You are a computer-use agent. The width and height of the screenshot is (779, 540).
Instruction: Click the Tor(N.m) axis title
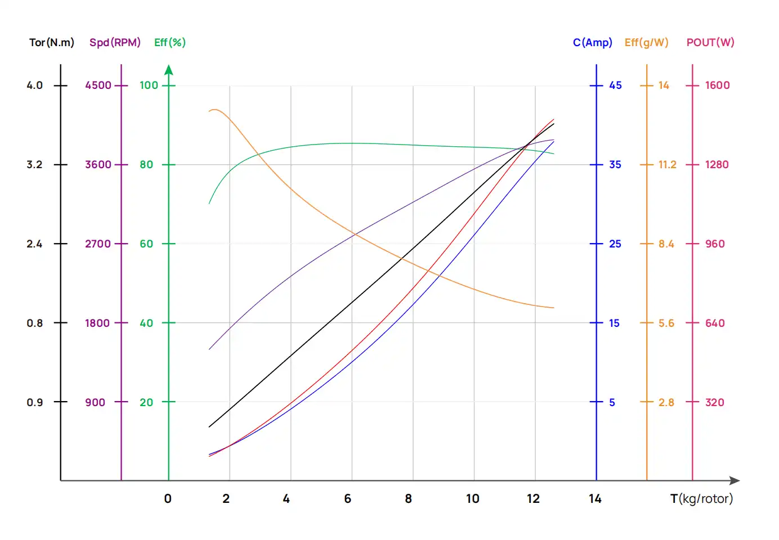coord(52,43)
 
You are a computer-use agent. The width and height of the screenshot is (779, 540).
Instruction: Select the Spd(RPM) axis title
coord(115,43)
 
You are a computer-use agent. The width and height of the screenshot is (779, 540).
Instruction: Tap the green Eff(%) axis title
coord(169,43)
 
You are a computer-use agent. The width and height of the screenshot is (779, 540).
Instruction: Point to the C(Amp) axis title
coord(592,43)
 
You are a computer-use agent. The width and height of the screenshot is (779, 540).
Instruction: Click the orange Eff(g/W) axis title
coord(646,43)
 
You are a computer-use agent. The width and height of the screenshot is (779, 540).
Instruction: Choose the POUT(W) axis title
coord(710,43)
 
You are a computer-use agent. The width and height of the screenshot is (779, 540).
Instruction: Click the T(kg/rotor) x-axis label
coord(701,499)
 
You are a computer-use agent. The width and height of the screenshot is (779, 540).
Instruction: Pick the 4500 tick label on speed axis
coord(98,85)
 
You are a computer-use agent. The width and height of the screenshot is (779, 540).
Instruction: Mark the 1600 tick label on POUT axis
coord(717,85)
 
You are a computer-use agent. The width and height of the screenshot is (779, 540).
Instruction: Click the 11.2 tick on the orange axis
coord(667,165)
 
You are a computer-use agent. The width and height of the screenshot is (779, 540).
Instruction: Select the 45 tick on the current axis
coord(615,85)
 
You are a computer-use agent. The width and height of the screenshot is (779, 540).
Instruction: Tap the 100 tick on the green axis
coord(149,85)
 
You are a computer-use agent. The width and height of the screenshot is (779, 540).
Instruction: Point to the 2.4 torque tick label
coord(34,244)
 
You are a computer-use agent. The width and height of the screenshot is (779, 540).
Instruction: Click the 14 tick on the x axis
coord(595,499)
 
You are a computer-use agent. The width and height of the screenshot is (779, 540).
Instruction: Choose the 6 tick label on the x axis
coord(347,499)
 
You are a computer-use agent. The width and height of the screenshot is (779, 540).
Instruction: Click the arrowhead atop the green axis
coord(169,70)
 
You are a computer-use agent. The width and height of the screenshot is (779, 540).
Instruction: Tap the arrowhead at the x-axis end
coord(735,480)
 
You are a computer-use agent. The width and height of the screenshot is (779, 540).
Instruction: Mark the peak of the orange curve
coord(214,110)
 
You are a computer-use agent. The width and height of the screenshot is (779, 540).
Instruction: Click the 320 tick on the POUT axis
coord(714,403)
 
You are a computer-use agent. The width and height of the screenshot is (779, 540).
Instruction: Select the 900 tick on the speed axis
coord(95,403)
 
